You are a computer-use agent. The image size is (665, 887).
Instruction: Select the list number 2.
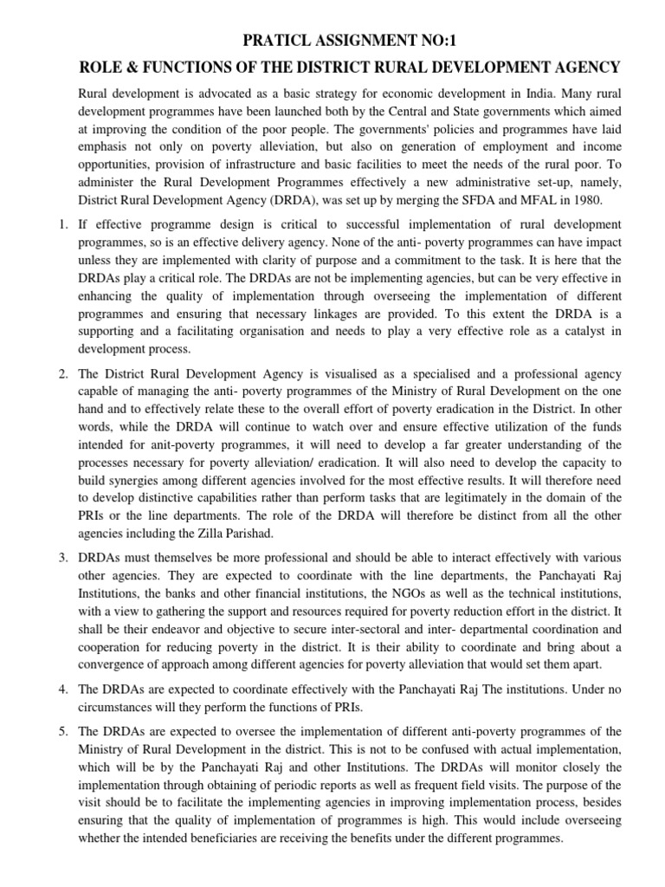pos(62,373)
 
